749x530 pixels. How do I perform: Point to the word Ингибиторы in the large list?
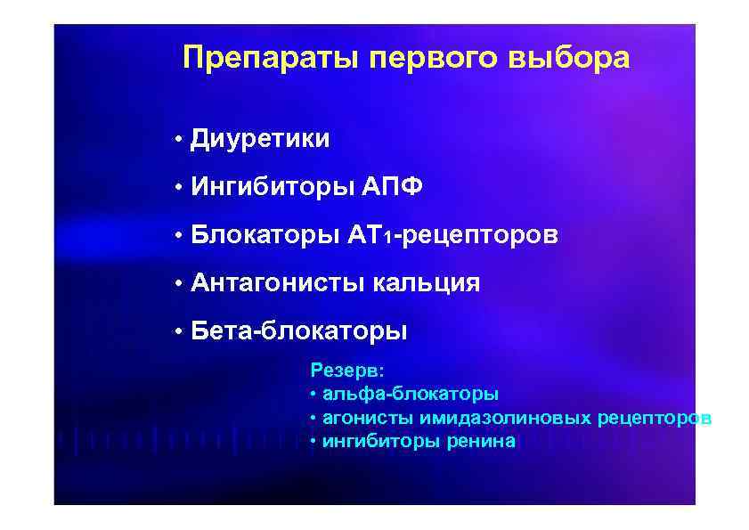coord(273,188)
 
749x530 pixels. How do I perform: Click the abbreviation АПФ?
coord(393,188)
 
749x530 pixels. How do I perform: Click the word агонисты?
coord(360,418)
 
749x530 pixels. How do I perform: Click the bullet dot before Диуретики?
coord(179,140)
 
